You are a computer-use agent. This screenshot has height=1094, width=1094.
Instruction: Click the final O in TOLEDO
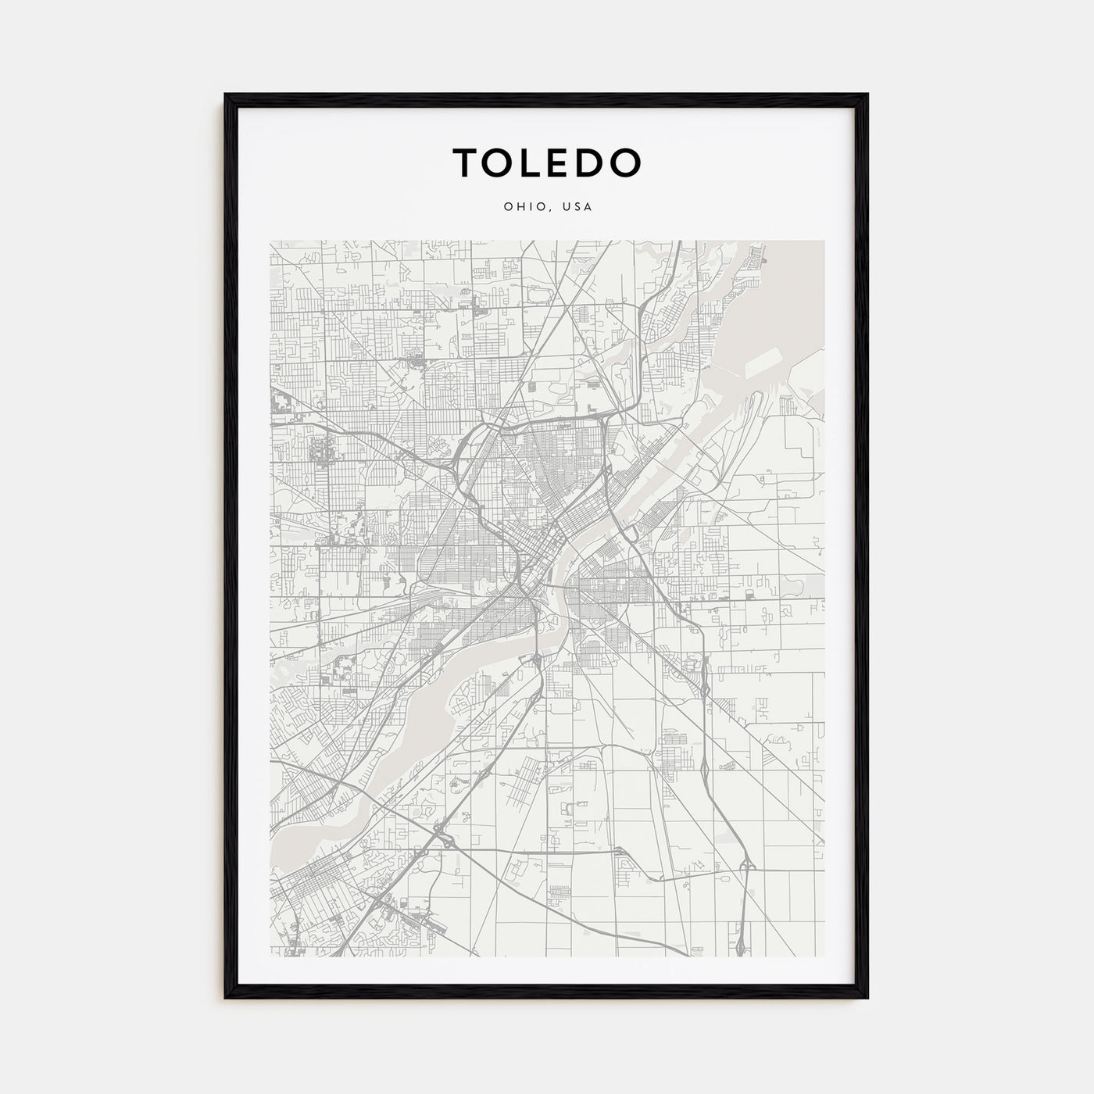[x=626, y=162]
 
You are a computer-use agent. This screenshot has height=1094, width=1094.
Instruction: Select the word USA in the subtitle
[x=579, y=208]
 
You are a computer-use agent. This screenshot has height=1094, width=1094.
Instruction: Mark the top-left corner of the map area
[x=270, y=241]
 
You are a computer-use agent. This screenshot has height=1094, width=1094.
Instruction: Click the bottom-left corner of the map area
[x=270, y=957]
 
